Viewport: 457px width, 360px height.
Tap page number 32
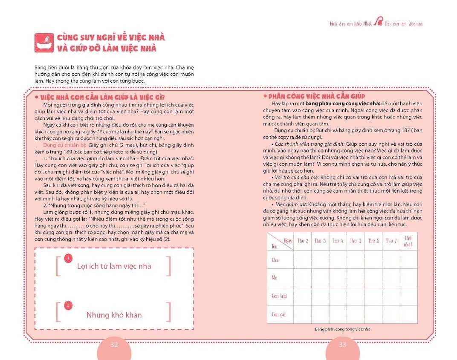pyautogui.click(x=114, y=345)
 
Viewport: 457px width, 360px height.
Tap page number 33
pyautogui.click(x=342, y=345)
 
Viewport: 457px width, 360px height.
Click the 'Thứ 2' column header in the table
pyautogui.click(x=302, y=241)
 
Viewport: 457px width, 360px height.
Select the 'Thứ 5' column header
pyautogui.click(x=356, y=241)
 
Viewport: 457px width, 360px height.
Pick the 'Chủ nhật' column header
pyautogui.click(x=408, y=241)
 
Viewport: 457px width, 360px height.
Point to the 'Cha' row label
pyautogui.click(x=275, y=259)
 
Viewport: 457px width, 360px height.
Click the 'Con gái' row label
pyautogui.click(x=278, y=314)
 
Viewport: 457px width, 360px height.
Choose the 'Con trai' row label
pyautogui.click(x=279, y=296)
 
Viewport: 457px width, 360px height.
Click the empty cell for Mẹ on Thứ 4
pyautogui.click(x=338, y=277)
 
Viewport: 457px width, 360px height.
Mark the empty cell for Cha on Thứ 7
pyautogui.click(x=391, y=259)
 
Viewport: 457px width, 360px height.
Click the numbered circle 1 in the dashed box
pyautogui.click(x=67, y=258)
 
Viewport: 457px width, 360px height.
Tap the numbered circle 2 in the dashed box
pyautogui.click(x=67, y=305)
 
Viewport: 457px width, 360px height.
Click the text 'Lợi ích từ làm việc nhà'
pyautogui.click(x=114, y=266)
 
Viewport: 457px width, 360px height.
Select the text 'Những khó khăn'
pyautogui.click(x=114, y=315)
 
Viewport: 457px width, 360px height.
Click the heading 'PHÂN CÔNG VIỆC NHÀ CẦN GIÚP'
pyautogui.click(x=316, y=96)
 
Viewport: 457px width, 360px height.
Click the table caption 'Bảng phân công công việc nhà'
pyautogui.click(x=342, y=329)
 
